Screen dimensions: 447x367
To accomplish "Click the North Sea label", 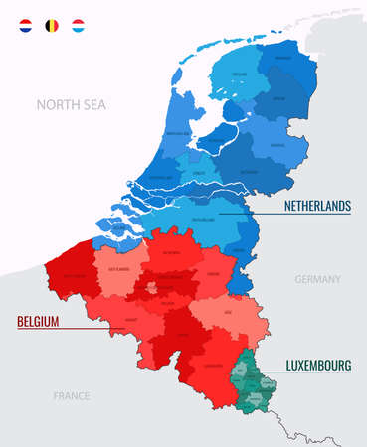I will coord(72,104).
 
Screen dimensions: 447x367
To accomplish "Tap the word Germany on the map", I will coord(317,280).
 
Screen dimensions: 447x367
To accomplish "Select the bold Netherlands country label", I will coord(316,206).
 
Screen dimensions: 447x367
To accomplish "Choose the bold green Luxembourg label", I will coord(318,366).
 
